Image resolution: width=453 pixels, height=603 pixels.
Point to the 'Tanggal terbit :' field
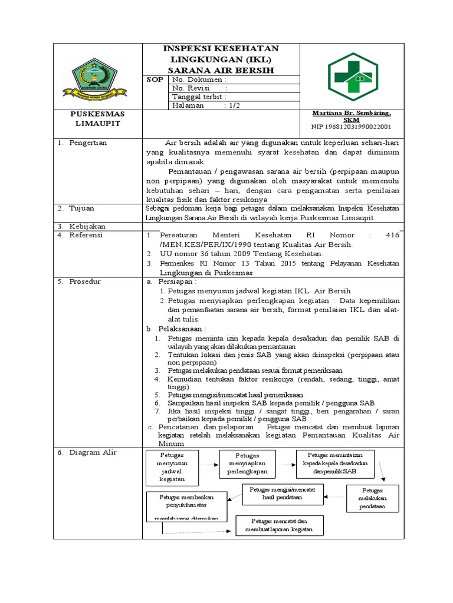(199, 97)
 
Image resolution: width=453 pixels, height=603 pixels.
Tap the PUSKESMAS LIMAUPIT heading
(99, 118)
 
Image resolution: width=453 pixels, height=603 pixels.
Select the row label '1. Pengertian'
(82, 143)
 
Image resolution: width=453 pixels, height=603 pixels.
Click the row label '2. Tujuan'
(77, 208)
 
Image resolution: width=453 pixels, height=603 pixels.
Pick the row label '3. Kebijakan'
(81, 226)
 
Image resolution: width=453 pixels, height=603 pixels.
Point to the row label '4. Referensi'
(80, 234)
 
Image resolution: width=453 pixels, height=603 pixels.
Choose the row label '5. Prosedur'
(79, 281)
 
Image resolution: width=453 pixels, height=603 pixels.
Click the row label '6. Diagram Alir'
(87, 452)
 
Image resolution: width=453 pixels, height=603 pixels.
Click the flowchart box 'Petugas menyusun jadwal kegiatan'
(172, 467)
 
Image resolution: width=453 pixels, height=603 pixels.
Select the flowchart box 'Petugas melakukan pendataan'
(372, 498)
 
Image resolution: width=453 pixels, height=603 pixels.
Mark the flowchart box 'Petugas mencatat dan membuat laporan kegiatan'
(280, 525)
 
